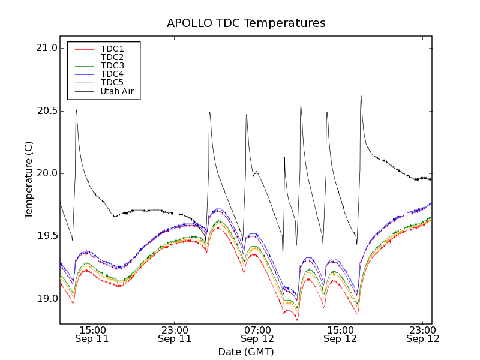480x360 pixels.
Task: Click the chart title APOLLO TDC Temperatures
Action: click(x=246, y=23)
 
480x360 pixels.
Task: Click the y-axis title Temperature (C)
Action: click(x=29, y=180)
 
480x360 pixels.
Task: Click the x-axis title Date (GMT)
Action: click(x=246, y=352)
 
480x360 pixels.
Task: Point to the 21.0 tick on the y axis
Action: click(x=46, y=48)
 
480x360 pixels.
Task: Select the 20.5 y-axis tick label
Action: click(x=46, y=111)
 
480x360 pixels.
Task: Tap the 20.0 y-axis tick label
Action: click(x=46, y=173)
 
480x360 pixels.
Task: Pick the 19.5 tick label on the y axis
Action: click(x=46, y=236)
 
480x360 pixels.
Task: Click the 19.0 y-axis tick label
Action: click(x=46, y=299)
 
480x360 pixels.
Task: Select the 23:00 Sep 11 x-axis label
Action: click(x=175, y=334)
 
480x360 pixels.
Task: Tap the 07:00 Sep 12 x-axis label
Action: click(x=257, y=334)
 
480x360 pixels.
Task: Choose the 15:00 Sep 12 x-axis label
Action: click(x=340, y=334)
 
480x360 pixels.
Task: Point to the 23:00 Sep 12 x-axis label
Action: click(x=423, y=334)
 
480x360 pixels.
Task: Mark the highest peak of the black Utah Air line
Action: click(x=361, y=96)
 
